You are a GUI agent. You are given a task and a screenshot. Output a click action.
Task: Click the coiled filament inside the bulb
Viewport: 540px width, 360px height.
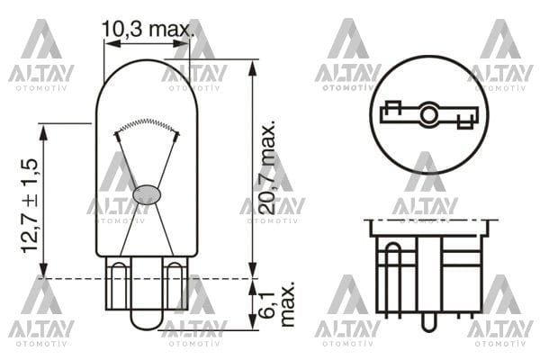click(x=146, y=125)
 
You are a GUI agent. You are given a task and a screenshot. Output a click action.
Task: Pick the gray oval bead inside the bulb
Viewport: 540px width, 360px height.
click(x=146, y=193)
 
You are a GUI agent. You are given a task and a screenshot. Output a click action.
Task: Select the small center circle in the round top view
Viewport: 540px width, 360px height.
click(x=428, y=114)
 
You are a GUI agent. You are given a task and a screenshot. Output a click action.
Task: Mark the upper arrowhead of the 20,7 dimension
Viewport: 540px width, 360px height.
click(x=253, y=64)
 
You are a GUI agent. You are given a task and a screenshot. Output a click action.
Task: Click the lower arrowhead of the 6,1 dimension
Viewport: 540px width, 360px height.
click(x=253, y=327)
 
